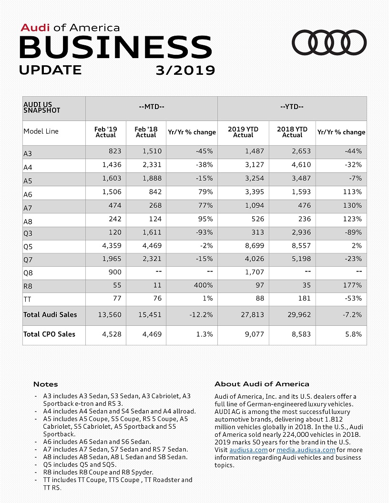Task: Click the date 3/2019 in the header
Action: pos(185,70)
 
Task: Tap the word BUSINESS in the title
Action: pos(115,48)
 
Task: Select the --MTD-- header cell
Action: pos(151,106)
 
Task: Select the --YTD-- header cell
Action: pos(292,106)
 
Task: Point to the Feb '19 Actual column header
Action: pos(106,132)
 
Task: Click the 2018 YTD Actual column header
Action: pos(292,132)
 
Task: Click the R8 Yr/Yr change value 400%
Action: pos(203,285)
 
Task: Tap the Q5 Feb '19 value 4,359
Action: pos(112,246)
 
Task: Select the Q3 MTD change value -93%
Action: pos(204,232)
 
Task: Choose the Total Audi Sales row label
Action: pos(50,314)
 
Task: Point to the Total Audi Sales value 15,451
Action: pos(150,314)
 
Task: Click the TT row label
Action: pos(27,299)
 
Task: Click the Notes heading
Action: pos(46,384)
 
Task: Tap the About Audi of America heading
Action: pos(262,383)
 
